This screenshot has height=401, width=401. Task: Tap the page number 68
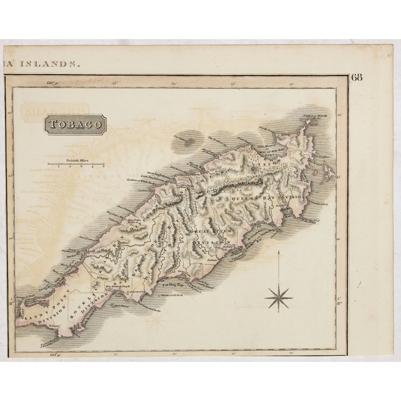coord(357,78)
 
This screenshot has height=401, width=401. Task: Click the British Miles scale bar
coord(76,163)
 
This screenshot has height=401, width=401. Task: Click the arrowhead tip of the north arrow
coord(277,252)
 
